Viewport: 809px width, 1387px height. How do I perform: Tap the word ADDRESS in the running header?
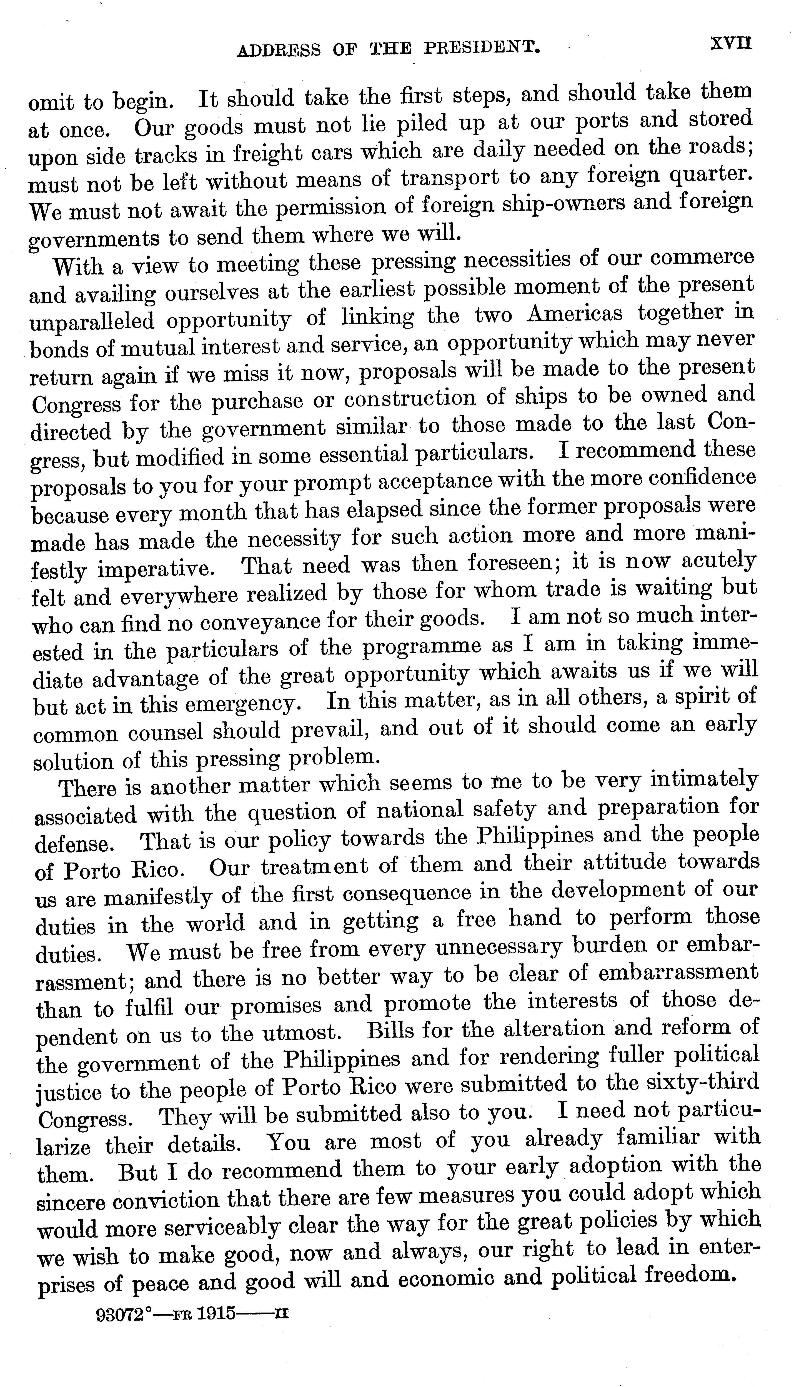pos(279,51)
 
